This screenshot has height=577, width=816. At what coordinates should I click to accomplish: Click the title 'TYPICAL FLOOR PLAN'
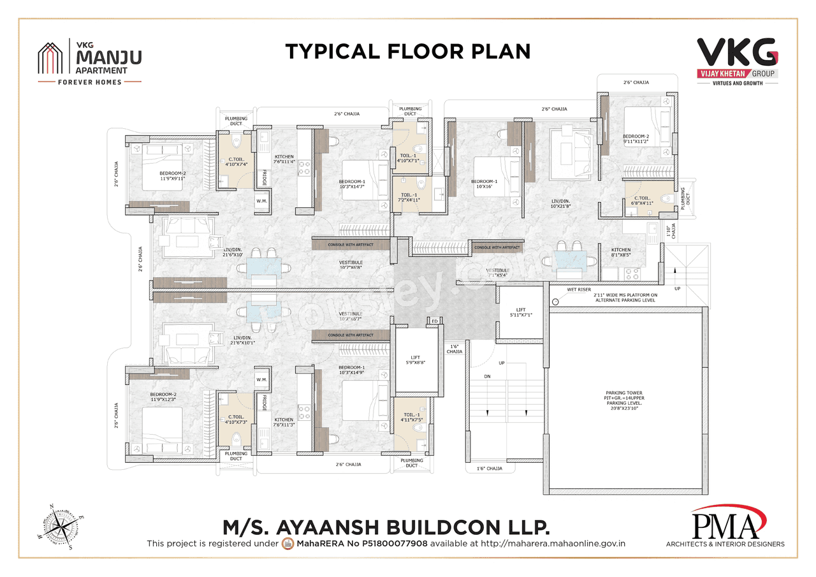click(407, 51)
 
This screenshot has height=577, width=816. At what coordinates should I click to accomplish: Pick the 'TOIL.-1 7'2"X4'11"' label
click(410, 198)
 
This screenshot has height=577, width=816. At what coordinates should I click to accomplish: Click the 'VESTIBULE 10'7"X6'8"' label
click(351, 265)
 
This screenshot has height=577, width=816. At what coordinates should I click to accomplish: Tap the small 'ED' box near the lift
click(434, 321)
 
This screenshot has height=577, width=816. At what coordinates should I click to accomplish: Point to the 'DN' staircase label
click(487, 377)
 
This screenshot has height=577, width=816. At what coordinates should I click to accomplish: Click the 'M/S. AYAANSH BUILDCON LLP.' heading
click(386, 527)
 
